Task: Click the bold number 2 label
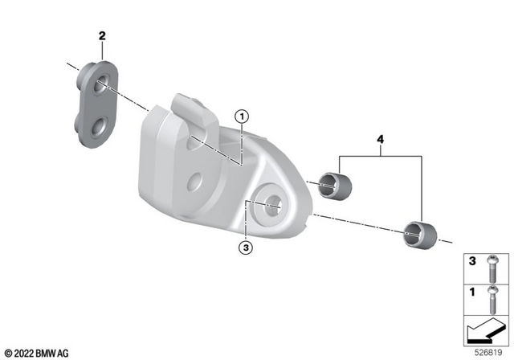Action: pyautogui.click(x=102, y=35)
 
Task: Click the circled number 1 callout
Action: pyautogui.click(x=240, y=117)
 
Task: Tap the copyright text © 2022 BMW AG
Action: pyautogui.click(x=37, y=353)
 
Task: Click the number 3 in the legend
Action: pyautogui.click(x=473, y=261)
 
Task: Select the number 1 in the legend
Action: pyautogui.click(x=473, y=291)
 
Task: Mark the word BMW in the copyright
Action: pyautogui.click(x=46, y=353)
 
